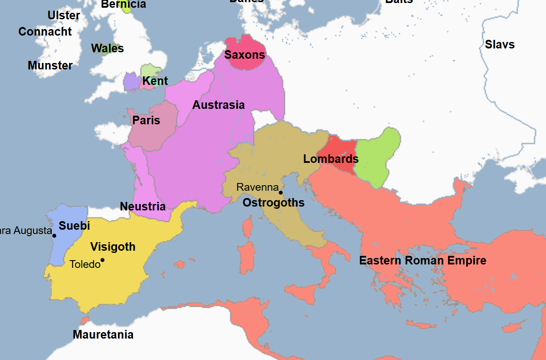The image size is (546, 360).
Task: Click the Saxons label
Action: pos(244,55)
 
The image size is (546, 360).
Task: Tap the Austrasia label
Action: pos(218,105)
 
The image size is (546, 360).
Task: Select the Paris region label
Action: pos(146,120)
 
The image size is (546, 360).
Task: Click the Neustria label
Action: pos(142,207)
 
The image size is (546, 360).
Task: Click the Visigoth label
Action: pos(113,247)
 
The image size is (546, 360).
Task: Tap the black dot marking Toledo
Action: pos(103,260)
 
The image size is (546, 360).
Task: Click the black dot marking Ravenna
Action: pos(281,192)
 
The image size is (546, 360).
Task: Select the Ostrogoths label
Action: pos(273,203)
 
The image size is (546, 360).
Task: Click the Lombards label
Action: pos(331,159)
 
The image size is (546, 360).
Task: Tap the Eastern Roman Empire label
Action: pos(422,261)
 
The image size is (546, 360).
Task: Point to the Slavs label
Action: pos(500,45)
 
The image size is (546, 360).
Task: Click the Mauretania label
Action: pos(103,335)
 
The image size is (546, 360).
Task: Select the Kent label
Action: pos(155,81)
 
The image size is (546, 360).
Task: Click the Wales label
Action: pos(107,48)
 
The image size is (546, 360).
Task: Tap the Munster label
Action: pos(50,66)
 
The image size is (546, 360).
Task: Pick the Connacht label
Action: pos(45,32)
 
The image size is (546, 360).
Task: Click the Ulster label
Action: pos(63,16)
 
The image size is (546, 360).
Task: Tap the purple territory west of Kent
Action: pos(131,82)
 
